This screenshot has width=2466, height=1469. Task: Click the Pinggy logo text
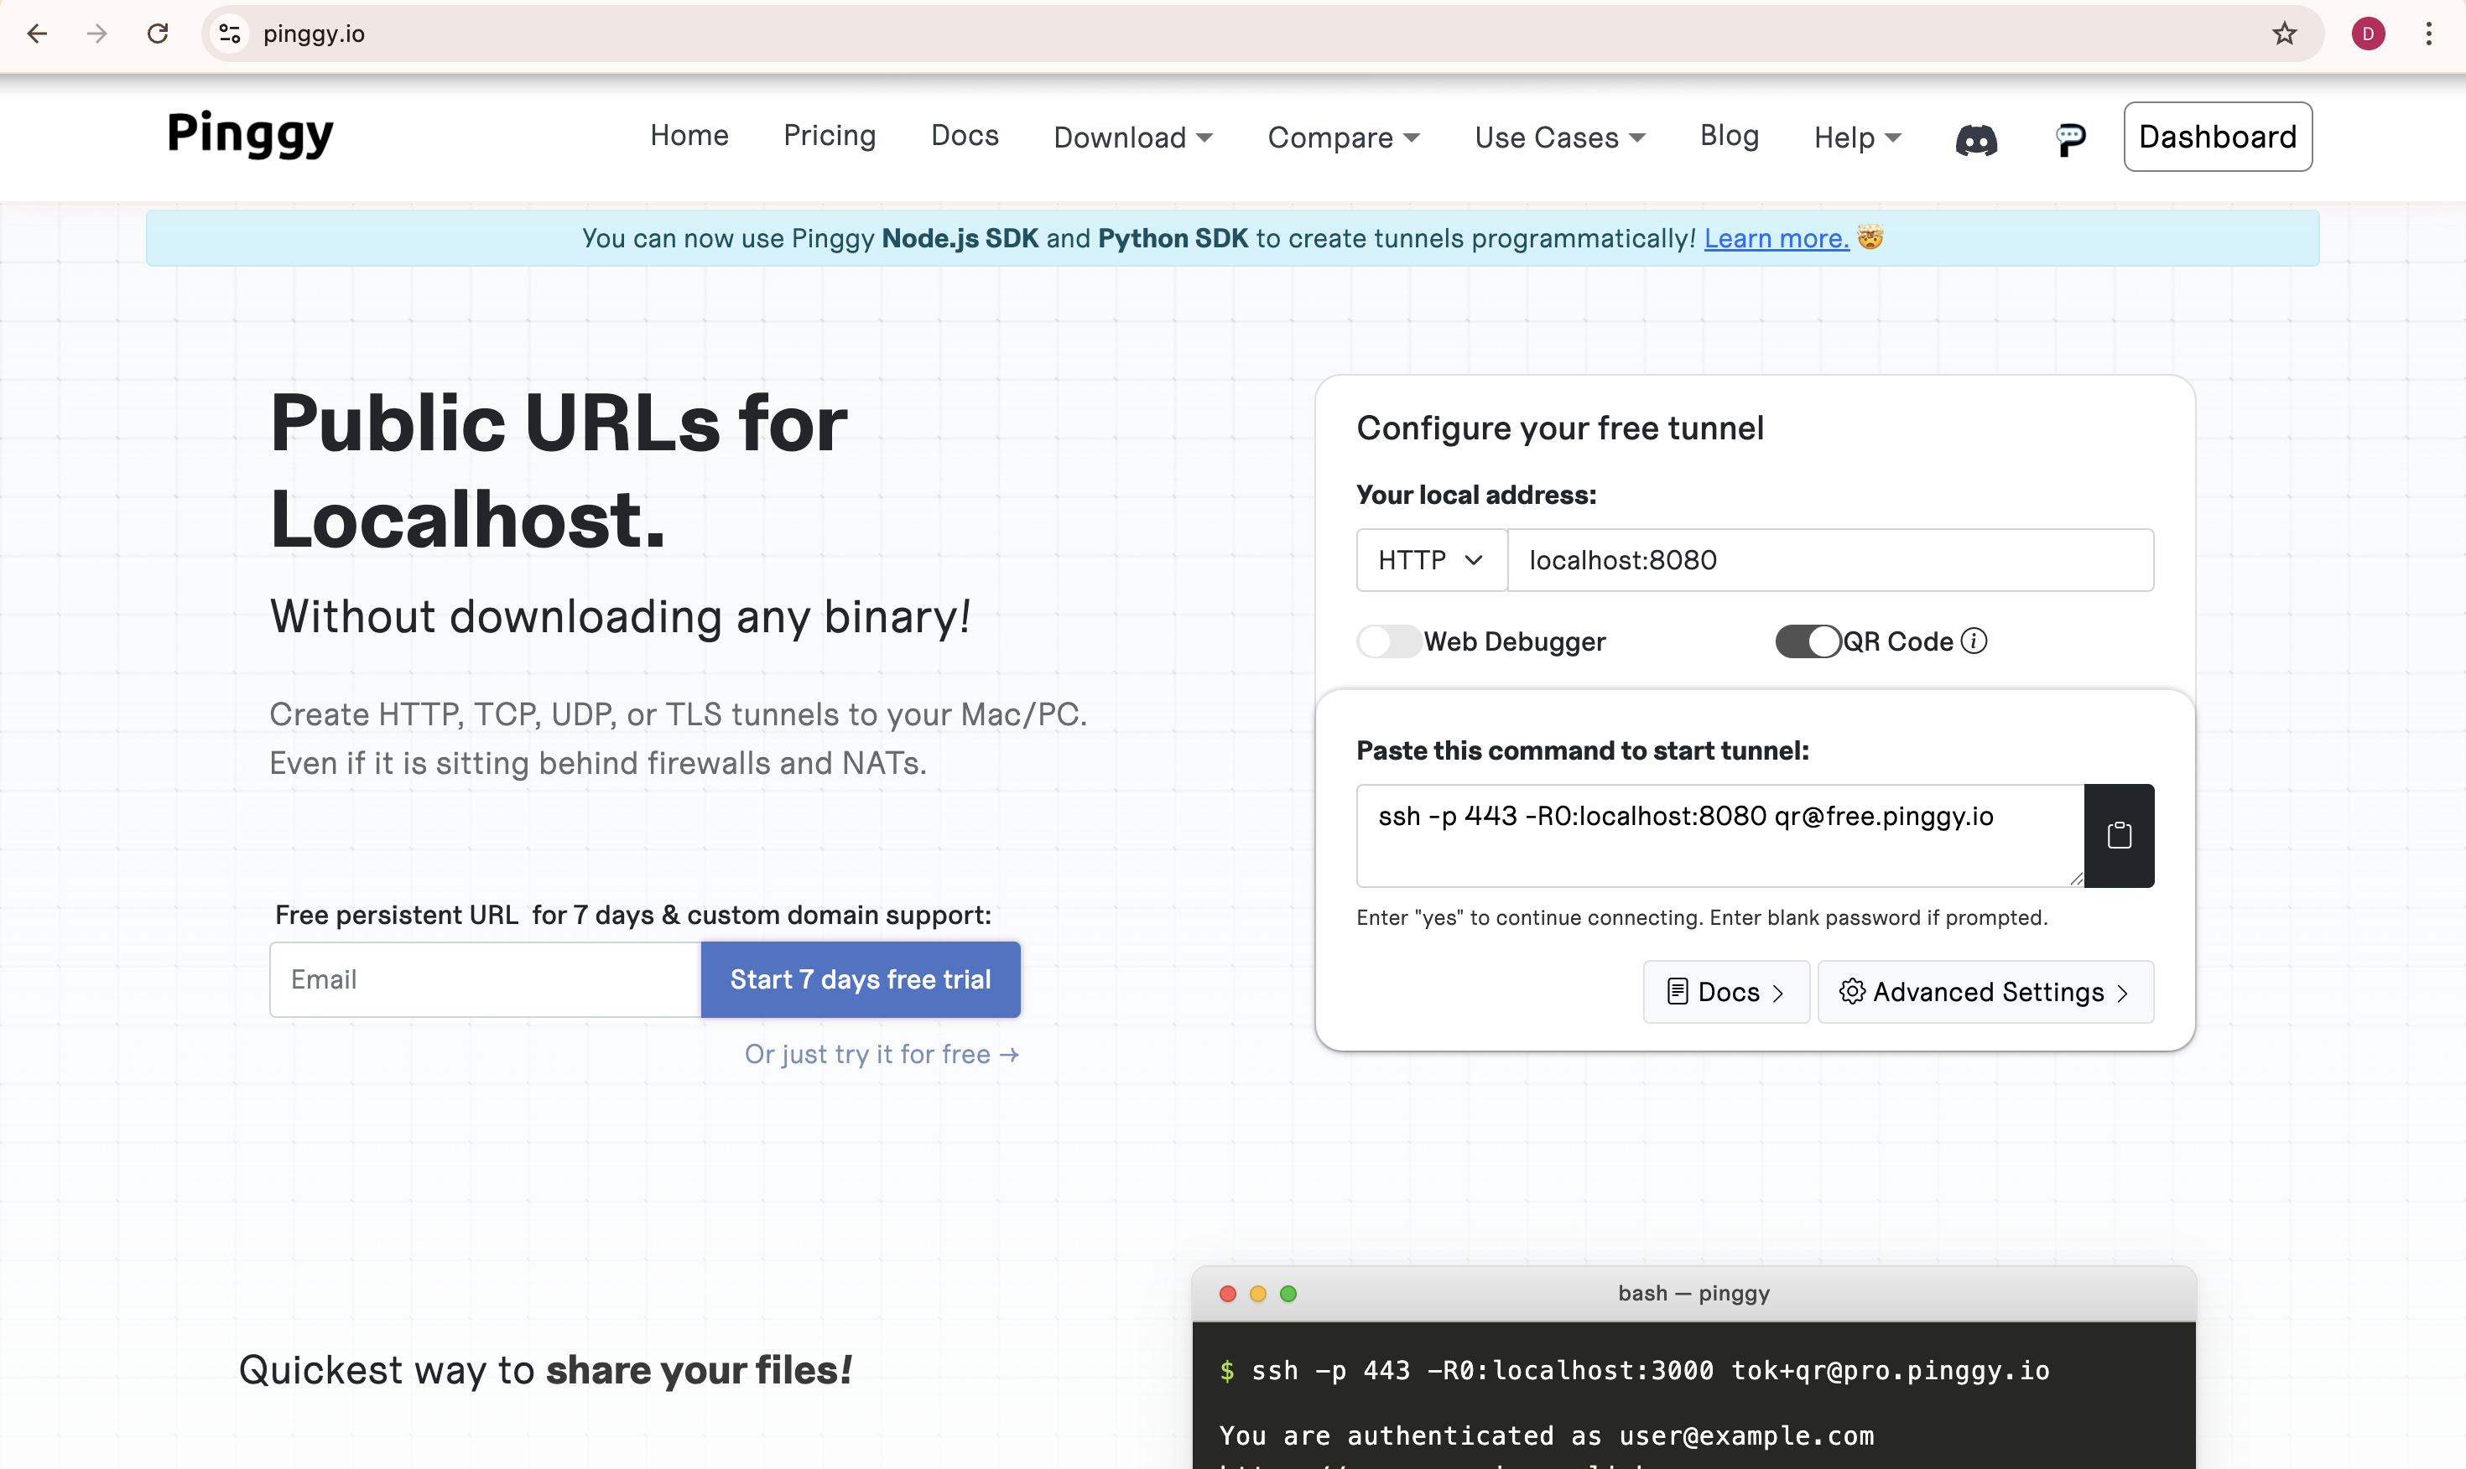click(x=251, y=135)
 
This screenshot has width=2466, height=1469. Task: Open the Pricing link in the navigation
click(x=830, y=136)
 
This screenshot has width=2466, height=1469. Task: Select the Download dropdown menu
click(x=1132, y=137)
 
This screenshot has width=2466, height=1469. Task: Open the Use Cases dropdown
click(x=1560, y=137)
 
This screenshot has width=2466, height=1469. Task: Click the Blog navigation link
click(x=1730, y=136)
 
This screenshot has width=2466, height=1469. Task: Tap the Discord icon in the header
click(x=1976, y=139)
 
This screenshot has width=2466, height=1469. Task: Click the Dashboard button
click(x=2218, y=137)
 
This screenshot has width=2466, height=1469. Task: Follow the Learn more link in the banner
click(x=1776, y=239)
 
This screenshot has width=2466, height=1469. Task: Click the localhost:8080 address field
click(x=1830, y=560)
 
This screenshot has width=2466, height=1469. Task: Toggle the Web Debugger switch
click(x=1388, y=641)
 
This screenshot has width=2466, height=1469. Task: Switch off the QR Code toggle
click(x=1808, y=641)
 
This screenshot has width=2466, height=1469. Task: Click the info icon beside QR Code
click(x=1974, y=641)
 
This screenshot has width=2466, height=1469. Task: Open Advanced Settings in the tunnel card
click(x=1986, y=992)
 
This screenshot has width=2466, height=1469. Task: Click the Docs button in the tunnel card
click(x=1726, y=992)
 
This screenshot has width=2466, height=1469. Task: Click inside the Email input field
click(x=485, y=979)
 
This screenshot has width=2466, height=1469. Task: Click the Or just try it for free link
click(x=881, y=1054)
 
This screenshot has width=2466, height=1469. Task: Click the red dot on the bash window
click(x=1228, y=1294)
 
